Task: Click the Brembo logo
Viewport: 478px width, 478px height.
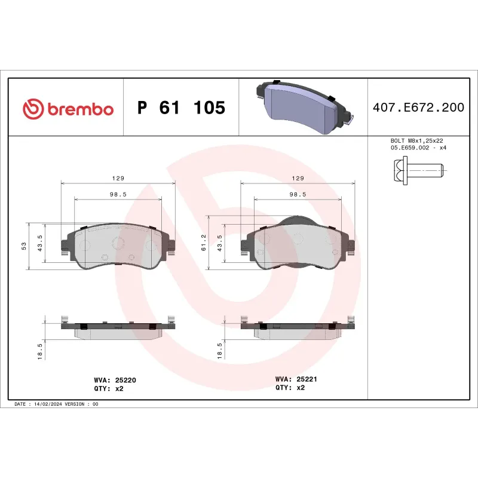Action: pyautogui.click(x=68, y=109)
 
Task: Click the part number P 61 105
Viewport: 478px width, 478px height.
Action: pyautogui.click(x=181, y=108)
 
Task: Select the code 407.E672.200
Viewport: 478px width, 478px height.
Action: pyautogui.click(x=418, y=108)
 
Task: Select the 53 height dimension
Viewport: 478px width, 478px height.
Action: pyautogui.click(x=24, y=246)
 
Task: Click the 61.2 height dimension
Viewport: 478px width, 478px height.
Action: pyautogui.click(x=204, y=241)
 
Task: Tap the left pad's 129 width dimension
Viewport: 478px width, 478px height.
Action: pyautogui.click(x=118, y=178)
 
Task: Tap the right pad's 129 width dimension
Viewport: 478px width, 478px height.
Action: pyautogui.click(x=297, y=178)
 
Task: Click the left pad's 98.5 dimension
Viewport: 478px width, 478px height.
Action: pyautogui.click(x=118, y=195)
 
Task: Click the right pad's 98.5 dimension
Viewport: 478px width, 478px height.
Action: pyautogui.click(x=297, y=195)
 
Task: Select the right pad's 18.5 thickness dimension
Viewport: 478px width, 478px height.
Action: pyautogui.click(x=219, y=351)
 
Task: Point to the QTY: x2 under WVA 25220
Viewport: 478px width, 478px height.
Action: pyautogui.click(x=109, y=388)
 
